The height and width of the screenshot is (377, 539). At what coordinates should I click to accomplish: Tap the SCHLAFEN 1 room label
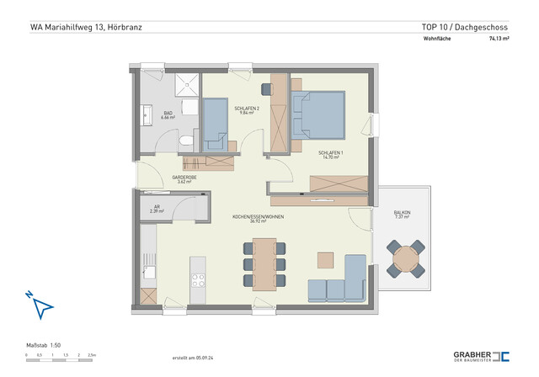[330, 155]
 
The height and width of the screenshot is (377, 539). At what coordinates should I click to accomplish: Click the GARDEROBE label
[184, 179]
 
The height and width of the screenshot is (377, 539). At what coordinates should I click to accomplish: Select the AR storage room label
[156, 209]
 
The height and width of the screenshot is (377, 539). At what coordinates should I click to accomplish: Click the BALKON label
[403, 215]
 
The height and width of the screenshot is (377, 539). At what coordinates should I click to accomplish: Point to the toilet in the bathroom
[194, 141]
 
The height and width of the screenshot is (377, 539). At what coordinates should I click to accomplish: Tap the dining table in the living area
[264, 263]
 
